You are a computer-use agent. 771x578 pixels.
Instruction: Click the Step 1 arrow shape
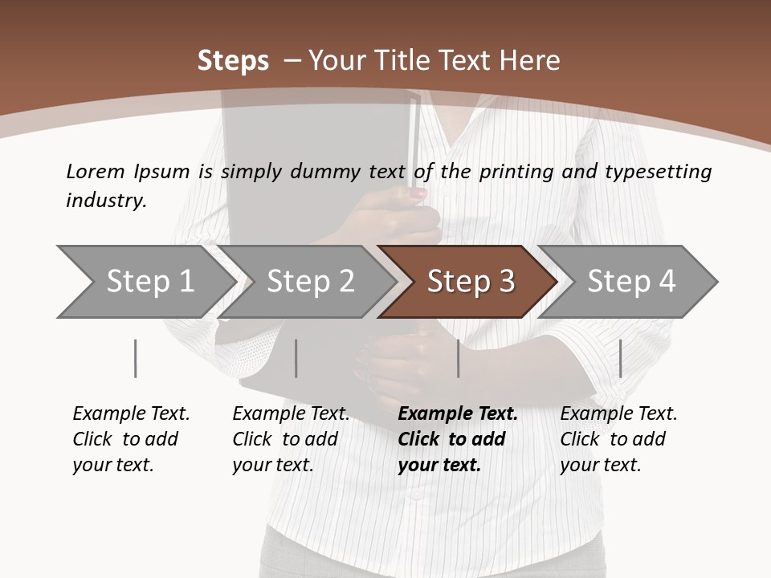(149, 282)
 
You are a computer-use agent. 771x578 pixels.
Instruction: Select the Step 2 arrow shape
(310, 282)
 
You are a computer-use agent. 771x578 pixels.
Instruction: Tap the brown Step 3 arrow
(471, 282)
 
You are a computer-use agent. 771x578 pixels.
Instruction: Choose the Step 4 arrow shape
(631, 282)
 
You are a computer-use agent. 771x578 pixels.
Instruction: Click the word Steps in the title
(233, 61)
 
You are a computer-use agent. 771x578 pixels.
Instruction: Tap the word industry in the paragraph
(105, 201)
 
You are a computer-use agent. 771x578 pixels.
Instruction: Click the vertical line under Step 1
(136, 358)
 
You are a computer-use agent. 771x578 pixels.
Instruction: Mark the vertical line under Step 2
(296, 358)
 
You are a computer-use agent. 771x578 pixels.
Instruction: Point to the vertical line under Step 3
(459, 358)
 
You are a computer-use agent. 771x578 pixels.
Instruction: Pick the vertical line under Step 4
(621, 358)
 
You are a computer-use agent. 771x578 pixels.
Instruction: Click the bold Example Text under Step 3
(458, 413)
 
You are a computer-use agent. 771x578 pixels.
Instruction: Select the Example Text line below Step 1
(131, 413)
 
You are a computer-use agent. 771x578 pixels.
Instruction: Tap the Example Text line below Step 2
(291, 413)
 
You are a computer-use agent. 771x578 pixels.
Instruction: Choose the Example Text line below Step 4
(618, 413)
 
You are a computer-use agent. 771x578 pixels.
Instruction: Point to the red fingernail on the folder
(419, 193)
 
